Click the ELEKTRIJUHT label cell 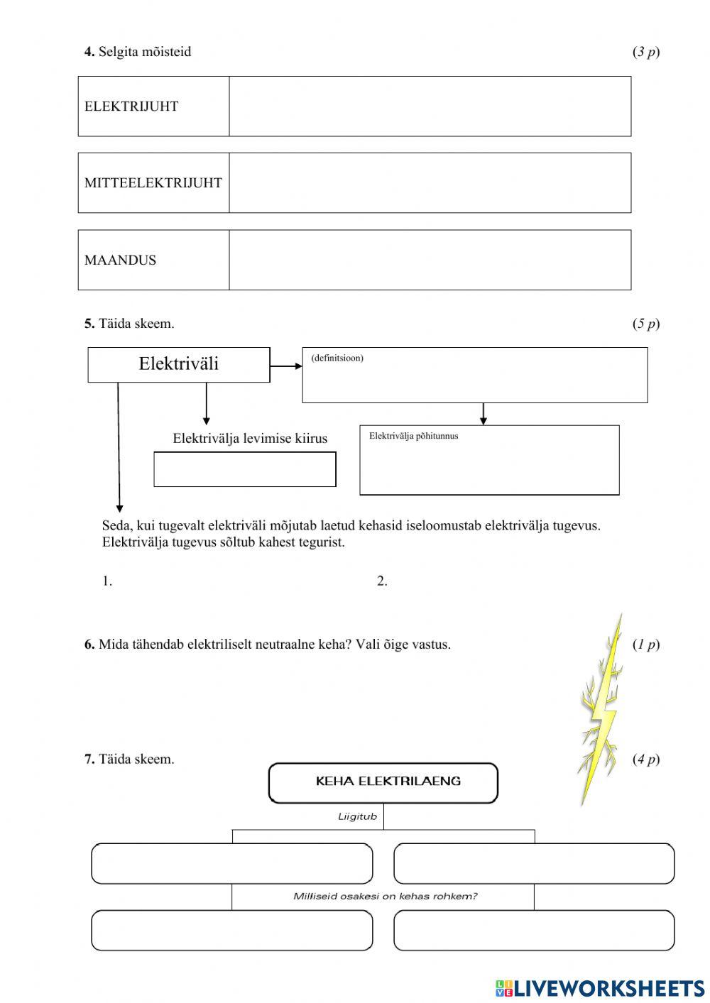click(153, 106)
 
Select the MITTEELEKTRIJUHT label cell click(153, 182)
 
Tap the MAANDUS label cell click(153, 260)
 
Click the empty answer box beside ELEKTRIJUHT click(430, 106)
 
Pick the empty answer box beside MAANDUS click(430, 260)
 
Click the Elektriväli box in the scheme click(179, 364)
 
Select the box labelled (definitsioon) click(474, 376)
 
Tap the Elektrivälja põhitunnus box click(489, 460)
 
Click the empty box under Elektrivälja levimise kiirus click(245, 469)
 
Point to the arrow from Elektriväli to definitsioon click(286, 366)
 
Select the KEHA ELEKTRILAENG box click(383, 782)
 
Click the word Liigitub click(357, 816)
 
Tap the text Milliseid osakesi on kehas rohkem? click(385, 896)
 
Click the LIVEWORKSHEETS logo click(600, 987)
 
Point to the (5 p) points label click(645, 324)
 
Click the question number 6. click(89, 645)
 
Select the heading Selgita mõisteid click(145, 51)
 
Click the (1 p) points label click(645, 645)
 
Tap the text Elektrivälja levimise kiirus click(250, 439)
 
